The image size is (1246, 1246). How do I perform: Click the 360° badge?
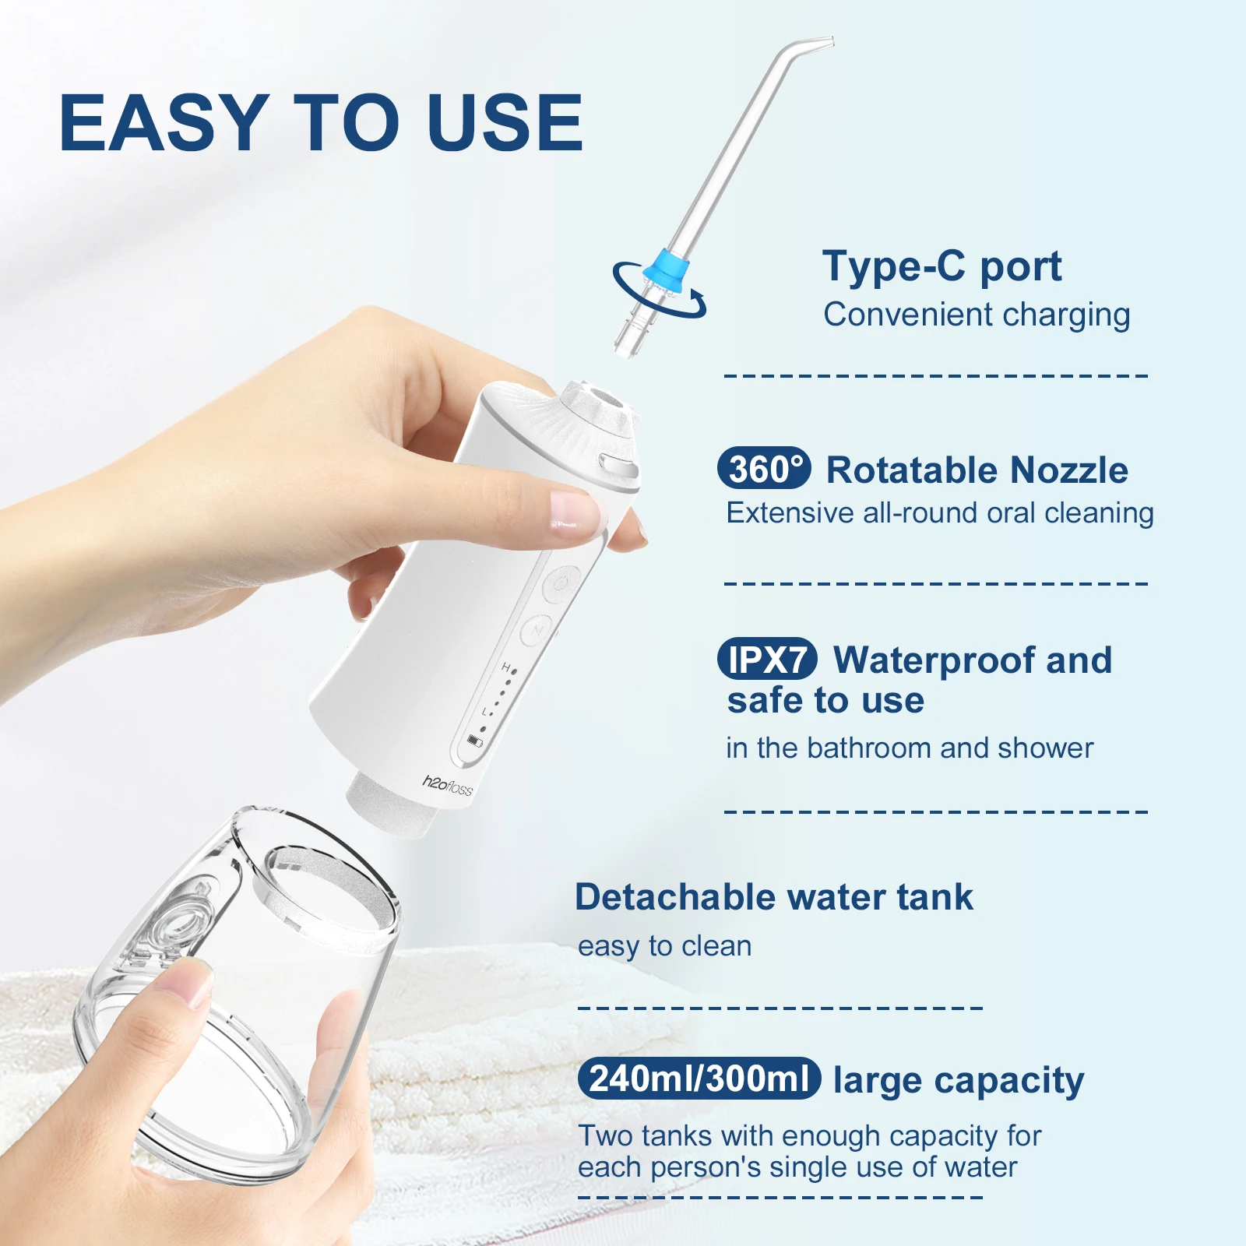click(764, 469)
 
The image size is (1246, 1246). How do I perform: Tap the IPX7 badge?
click(767, 660)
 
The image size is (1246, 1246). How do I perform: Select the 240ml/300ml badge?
click(699, 1079)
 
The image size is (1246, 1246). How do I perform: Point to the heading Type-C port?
click(942, 267)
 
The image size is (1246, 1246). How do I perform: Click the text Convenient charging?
click(977, 315)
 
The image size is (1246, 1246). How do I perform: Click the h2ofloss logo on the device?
click(448, 785)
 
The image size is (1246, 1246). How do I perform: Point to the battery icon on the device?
click(474, 741)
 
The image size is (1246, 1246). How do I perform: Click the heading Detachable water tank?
click(773, 897)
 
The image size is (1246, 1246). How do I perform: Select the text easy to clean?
click(664, 946)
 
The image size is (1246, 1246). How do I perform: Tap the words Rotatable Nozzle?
click(977, 470)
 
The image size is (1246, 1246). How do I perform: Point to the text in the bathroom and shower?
click(909, 748)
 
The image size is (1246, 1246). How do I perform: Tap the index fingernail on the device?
click(575, 509)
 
